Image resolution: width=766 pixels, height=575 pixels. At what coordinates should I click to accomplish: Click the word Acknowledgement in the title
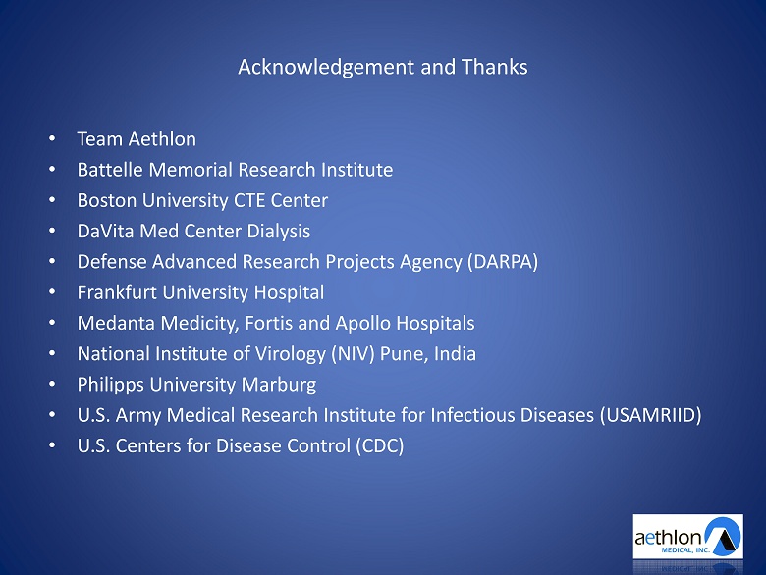[326, 68]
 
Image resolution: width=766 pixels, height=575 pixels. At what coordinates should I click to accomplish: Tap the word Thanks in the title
[494, 67]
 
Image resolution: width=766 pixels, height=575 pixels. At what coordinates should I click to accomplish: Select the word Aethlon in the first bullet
[163, 139]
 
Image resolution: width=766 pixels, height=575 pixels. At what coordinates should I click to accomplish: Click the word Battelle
[110, 170]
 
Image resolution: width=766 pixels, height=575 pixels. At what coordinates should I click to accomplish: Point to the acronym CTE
[249, 200]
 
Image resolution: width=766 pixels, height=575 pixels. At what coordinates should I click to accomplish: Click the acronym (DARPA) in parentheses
[503, 262]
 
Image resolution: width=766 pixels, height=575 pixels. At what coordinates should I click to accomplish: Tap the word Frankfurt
[117, 292]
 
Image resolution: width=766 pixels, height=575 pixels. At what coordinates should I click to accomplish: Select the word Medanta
[116, 323]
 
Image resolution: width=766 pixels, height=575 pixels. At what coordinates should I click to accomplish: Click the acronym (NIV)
[353, 354]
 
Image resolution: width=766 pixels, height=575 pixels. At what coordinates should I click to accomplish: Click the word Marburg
[279, 385]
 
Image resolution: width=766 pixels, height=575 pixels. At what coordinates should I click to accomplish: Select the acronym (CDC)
[380, 446]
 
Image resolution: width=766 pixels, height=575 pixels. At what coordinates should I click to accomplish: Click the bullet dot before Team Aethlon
[52, 139]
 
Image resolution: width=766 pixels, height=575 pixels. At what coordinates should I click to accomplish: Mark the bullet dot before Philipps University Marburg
[52, 384]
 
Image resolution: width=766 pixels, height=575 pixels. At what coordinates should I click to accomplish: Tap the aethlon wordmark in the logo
[669, 538]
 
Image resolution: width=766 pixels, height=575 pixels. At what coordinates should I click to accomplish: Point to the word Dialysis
[279, 232]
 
